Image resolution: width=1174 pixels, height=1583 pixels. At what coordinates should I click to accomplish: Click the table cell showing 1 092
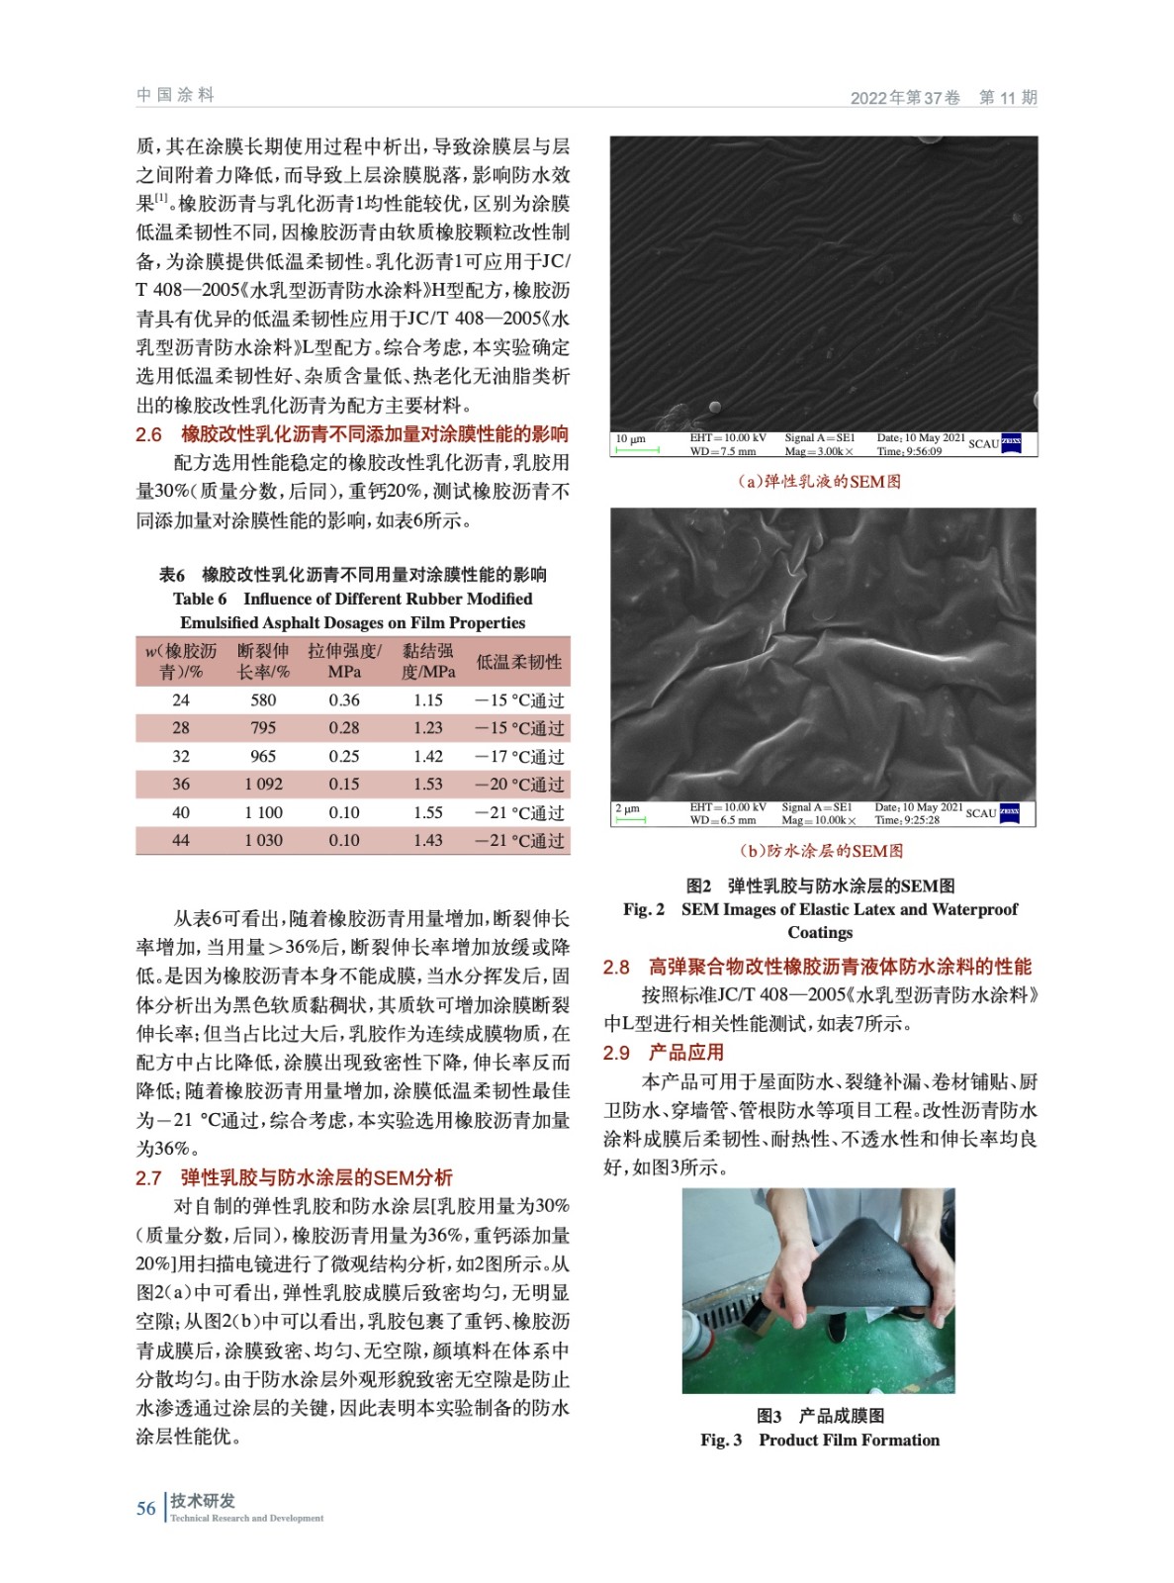point(263,784)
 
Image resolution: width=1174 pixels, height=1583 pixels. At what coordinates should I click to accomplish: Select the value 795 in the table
point(263,727)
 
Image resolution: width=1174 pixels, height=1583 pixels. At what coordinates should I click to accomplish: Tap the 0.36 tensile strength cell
point(344,699)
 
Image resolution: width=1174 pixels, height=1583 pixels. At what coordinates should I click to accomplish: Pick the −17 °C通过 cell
point(519,756)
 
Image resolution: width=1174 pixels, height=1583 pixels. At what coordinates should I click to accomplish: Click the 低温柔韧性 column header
point(519,661)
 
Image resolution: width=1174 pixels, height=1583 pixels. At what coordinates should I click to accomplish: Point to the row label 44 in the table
point(181,840)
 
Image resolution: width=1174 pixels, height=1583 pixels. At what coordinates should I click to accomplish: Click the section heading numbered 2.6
point(352,433)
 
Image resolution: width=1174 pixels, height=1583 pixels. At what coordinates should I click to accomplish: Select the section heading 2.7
point(294,1177)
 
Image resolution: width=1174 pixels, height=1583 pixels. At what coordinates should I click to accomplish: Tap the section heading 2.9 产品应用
point(664,1052)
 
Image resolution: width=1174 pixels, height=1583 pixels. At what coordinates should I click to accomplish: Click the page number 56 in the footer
point(146,1508)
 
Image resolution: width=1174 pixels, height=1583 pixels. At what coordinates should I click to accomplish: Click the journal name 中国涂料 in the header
point(175,95)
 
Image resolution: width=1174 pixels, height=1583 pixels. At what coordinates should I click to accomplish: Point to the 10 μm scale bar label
point(630,438)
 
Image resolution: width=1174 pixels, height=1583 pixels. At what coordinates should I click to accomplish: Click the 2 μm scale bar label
point(627,808)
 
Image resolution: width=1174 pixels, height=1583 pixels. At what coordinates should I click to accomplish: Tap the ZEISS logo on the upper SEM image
point(1011,443)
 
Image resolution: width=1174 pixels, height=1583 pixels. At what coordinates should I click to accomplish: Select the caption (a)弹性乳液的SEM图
point(820,481)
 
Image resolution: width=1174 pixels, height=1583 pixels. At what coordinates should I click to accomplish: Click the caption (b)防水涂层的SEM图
point(821,850)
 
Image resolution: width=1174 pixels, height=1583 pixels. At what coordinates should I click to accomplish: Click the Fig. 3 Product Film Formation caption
point(820,1440)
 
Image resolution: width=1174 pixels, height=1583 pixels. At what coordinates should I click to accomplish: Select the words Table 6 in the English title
point(200,599)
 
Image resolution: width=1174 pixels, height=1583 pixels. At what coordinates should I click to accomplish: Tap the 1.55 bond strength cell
point(428,812)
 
